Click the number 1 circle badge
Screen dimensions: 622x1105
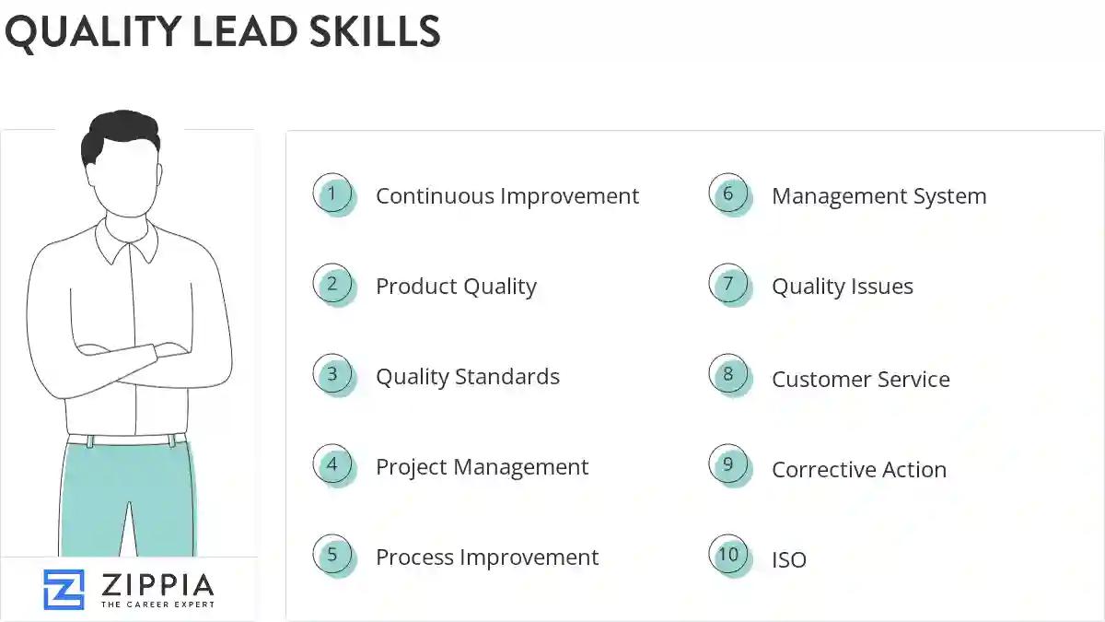(332, 194)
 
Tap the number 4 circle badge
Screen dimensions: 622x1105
(332, 465)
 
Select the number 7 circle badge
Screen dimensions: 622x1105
(728, 285)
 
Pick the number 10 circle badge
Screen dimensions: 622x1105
(728, 555)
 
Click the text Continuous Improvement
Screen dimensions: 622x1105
(506, 196)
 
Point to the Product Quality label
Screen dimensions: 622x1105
(456, 287)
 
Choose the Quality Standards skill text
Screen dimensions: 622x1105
(467, 377)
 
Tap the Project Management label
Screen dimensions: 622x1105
(482, 467)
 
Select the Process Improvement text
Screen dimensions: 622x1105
(486, 557)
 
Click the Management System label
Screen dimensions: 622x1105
(878, 196)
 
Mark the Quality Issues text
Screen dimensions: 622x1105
(842, 287)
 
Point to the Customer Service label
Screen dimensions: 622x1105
(860, 379)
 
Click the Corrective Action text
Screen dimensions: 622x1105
(858, 470)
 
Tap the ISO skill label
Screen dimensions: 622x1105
(788, 559)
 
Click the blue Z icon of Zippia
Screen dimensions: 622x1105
(64, 589)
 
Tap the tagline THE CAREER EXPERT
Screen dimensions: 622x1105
(157, 604)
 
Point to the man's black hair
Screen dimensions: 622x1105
(120, 134)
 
